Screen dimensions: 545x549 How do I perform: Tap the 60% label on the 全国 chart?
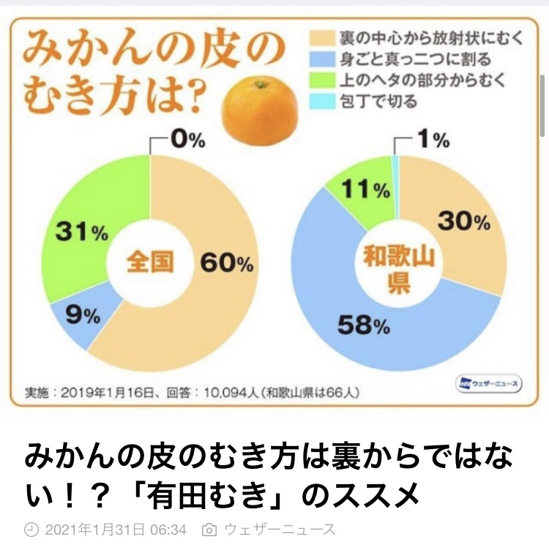point(223,262)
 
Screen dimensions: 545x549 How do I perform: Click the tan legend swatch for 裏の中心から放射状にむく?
point(321,37)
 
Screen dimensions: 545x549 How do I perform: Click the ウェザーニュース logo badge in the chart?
point(488,382)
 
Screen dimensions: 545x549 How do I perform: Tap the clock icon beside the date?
point(31,528)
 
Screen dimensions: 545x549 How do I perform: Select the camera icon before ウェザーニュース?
point(209,528)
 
